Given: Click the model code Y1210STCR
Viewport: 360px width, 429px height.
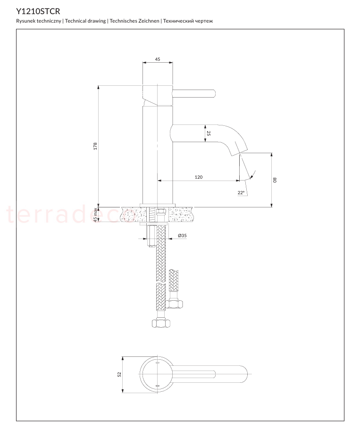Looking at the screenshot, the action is pos(38,11).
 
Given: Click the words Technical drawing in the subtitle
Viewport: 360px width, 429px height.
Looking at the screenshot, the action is pos(85,21).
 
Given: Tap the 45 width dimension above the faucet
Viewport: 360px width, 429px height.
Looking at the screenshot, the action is pos(158,59).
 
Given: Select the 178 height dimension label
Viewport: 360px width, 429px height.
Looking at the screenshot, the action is pos(95,146).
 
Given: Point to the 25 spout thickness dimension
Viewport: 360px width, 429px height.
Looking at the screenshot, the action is pos(209,133).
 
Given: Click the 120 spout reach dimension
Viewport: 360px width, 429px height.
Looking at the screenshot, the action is pos(199,177).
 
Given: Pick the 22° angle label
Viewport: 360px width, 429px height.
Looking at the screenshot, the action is pos(241,193).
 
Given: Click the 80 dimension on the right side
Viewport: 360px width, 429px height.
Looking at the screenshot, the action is pos(275,180).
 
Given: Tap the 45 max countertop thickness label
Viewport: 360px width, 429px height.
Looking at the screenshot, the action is pos(95,215).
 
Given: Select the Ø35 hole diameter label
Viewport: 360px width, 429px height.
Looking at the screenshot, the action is pos(182,235).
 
